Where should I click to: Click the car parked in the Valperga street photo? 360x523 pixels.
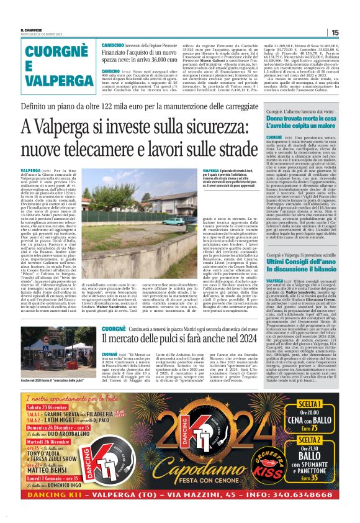pos(173,221)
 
